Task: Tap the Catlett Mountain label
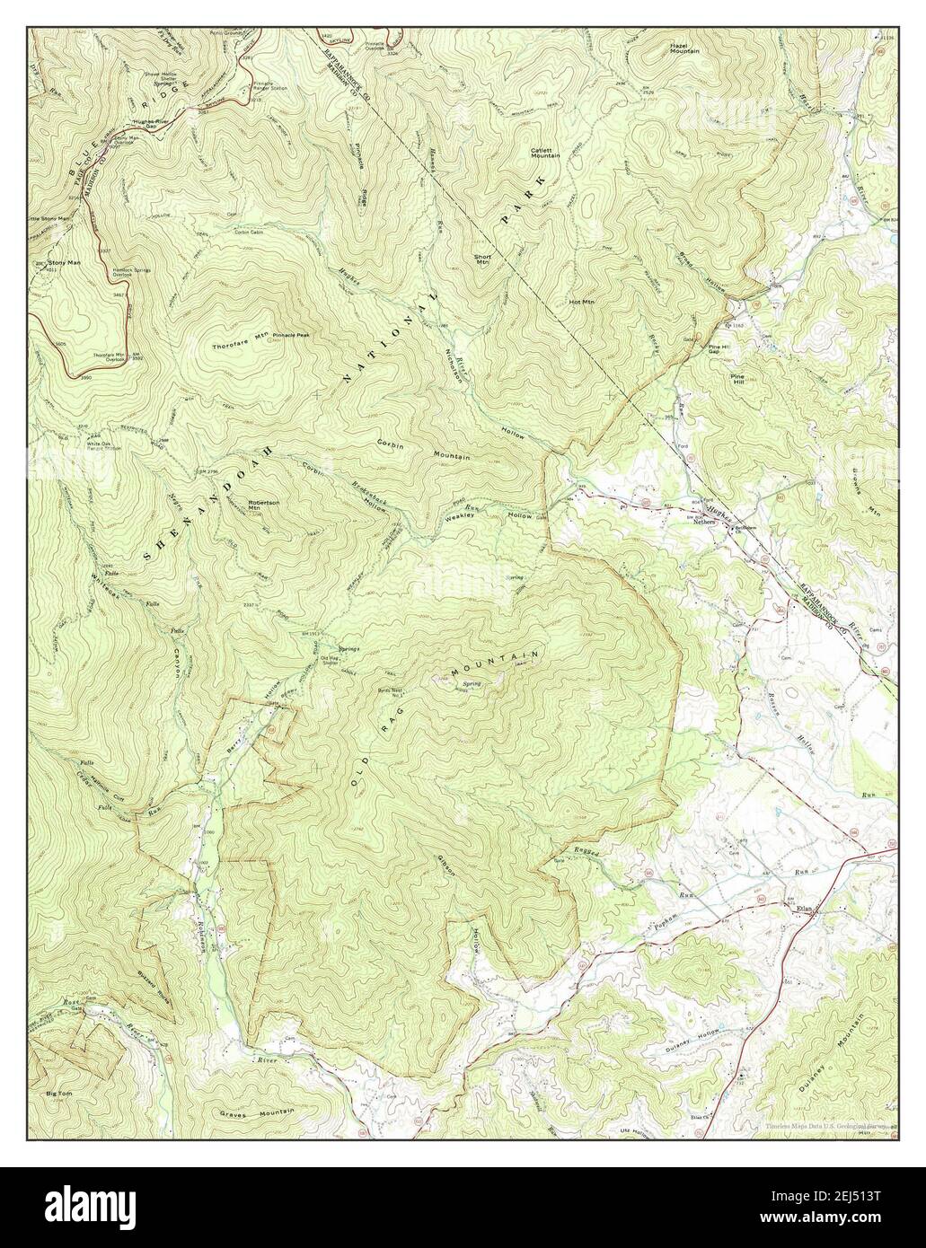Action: (545, 152)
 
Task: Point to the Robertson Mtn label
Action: (263, 505)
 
